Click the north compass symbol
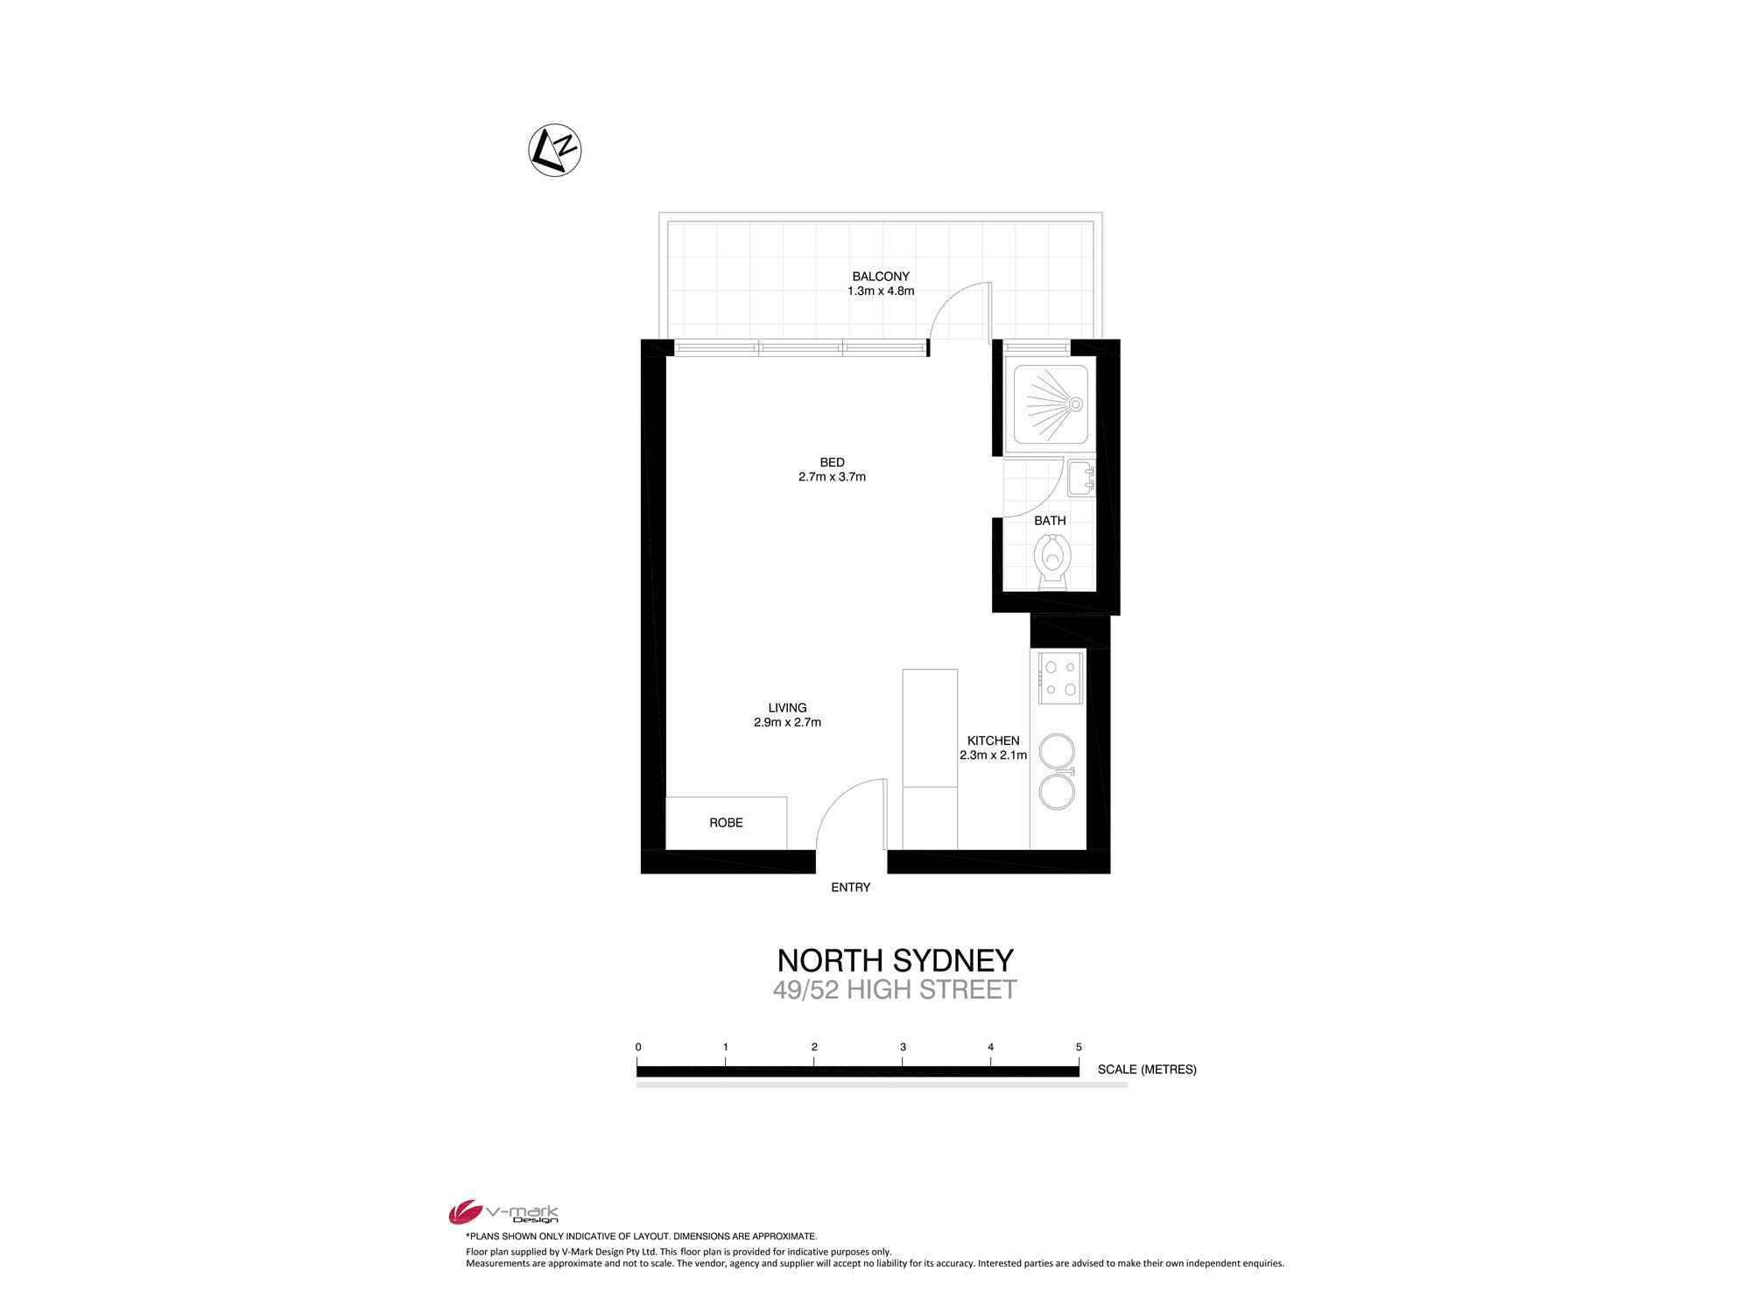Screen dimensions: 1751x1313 click(x=555, y=150)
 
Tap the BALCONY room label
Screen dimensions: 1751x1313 click(x=881, y=277)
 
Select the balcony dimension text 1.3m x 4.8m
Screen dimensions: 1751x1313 click(x=881, y=291)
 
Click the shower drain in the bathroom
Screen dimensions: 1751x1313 click(x=1075, y=404)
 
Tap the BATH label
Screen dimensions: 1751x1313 click(x=1050, y=521)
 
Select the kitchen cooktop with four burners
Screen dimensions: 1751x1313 click(x=1061, y=678)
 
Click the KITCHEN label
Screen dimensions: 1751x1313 click(x=993, y=741)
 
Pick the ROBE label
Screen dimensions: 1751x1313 click(x=726, y=823)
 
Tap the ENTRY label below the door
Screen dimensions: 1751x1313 click(x=851, y=888)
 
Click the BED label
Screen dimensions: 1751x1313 click(x=833, y=462)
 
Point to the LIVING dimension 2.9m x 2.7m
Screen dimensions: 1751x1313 click(x=787, y=723)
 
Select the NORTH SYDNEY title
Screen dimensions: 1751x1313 click(x=896, y=961)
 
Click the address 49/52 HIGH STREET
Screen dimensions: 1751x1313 click(x=895, y=990)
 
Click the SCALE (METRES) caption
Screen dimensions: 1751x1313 click(x=1147, y=1070)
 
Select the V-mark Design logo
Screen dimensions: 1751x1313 click(x=503, y=1211)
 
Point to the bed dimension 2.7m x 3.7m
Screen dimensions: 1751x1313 click(x=832, y=477)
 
